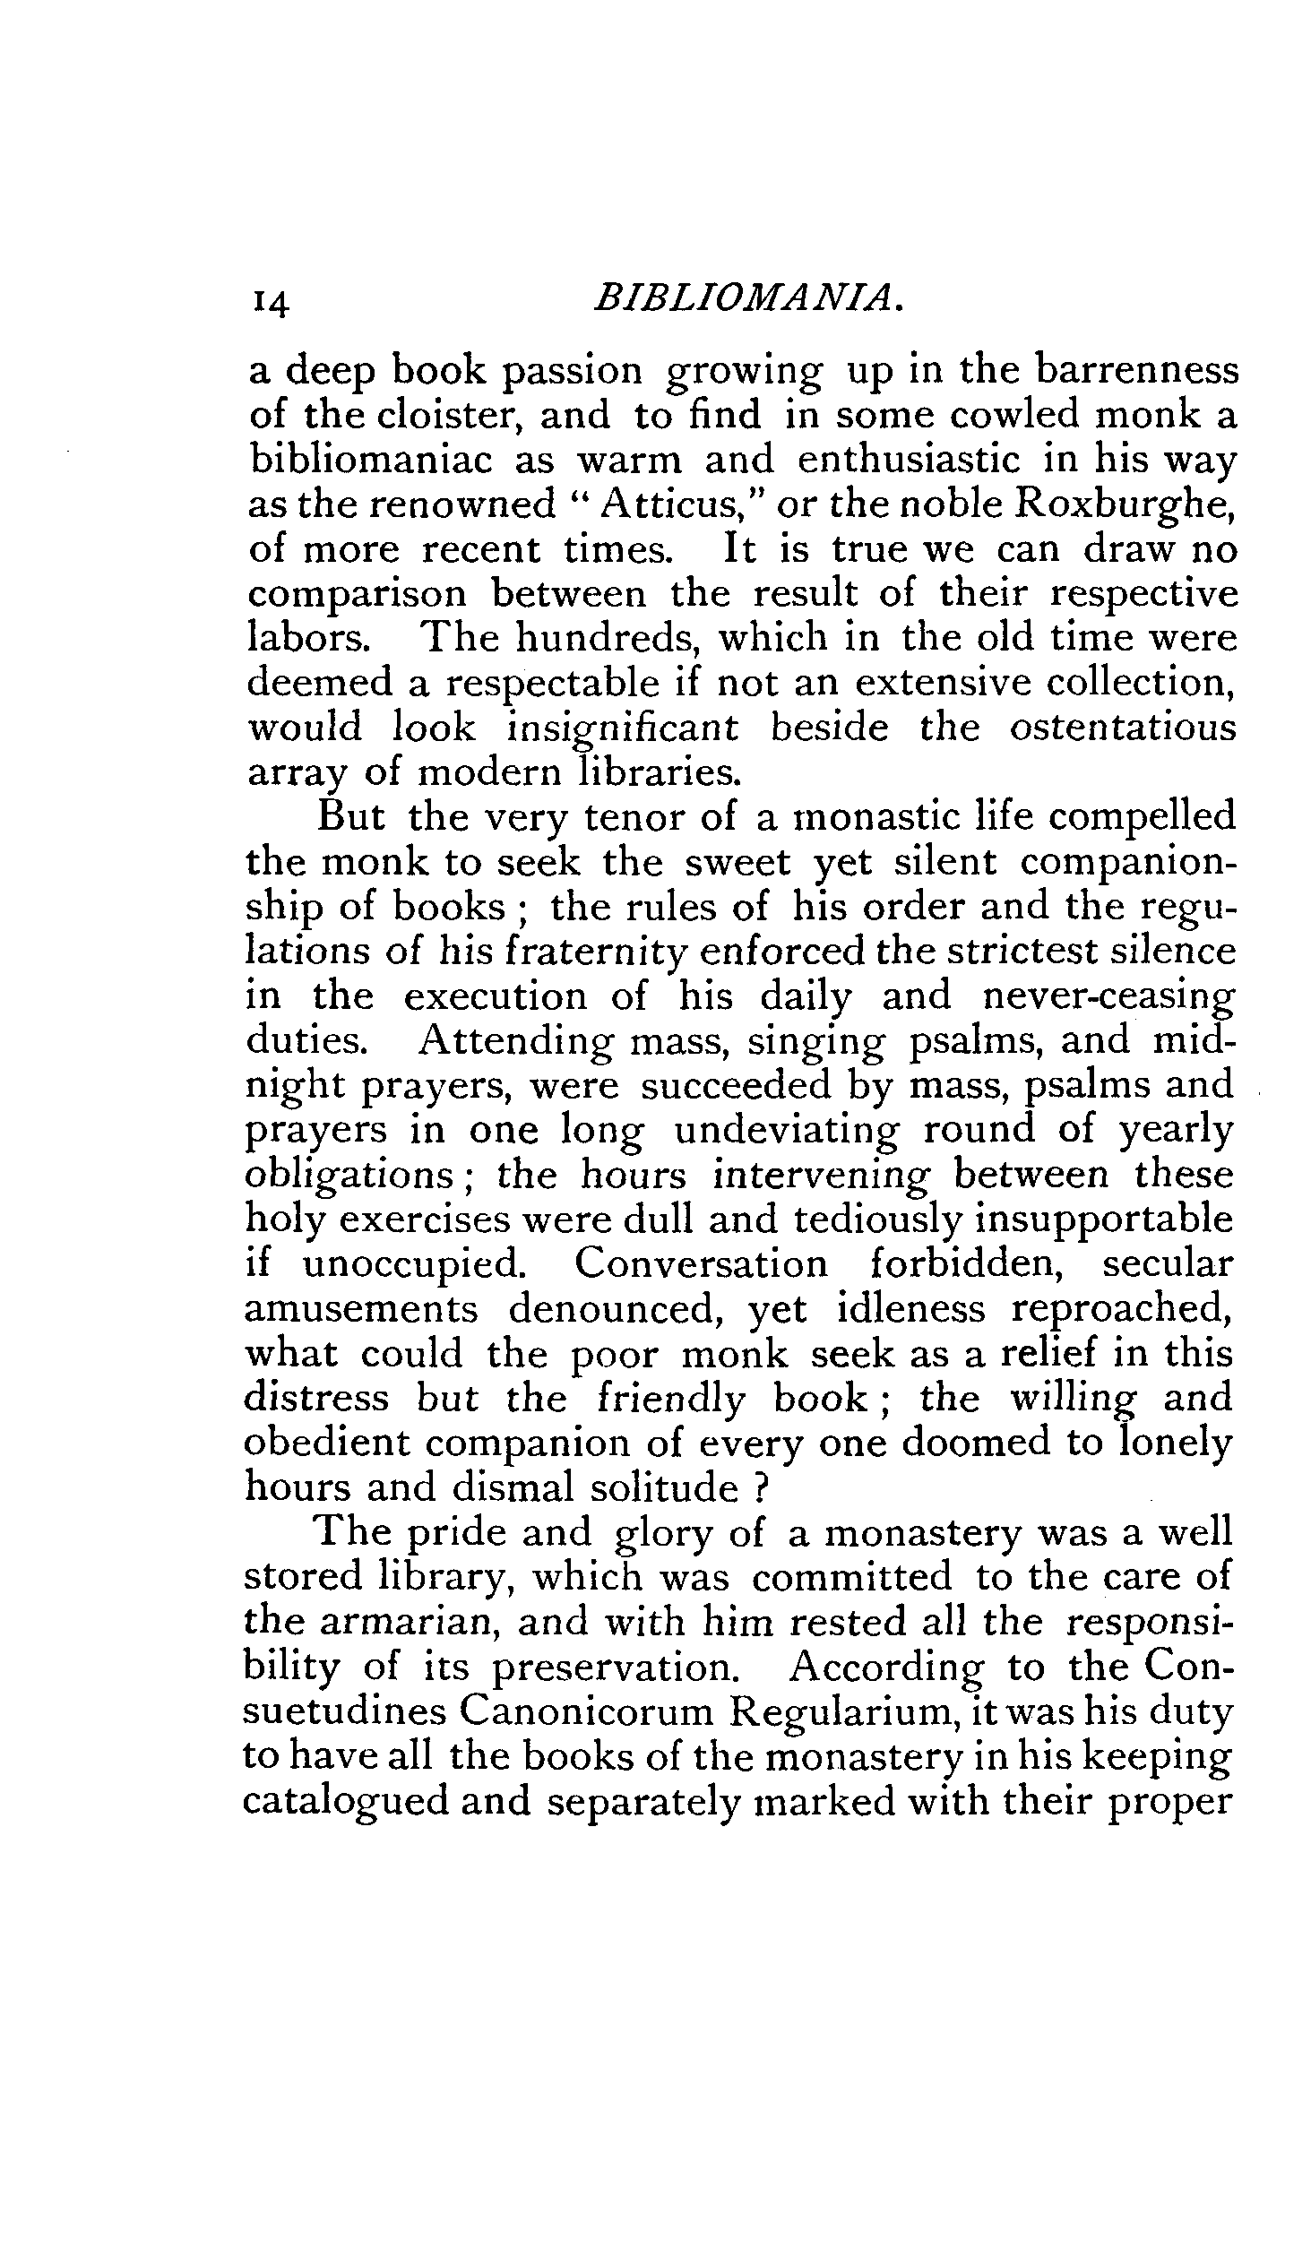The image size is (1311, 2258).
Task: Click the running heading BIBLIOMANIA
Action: click(746, 299)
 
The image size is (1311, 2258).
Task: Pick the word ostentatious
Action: click(1123, 728)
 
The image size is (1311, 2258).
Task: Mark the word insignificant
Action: click(623, 729)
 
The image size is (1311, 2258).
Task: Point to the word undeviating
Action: click(785, 1132)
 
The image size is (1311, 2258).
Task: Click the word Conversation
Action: click(701, 1264)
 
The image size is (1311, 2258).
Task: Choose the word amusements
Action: click(361, 1310)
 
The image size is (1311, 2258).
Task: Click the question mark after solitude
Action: click(763, 1488)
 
